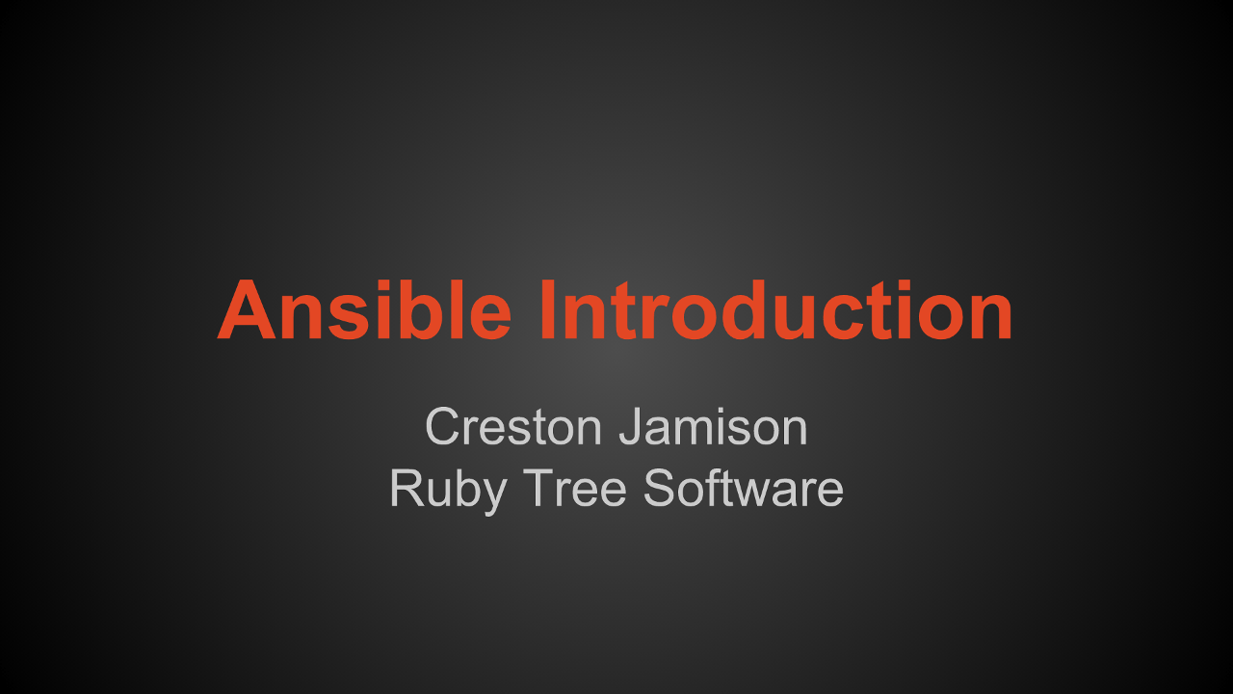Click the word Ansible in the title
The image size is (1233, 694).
pos(364,309)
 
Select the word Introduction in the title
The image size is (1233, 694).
pos(775,309)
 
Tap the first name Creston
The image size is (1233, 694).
pos(513,426)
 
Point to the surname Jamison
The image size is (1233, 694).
pos(714,426)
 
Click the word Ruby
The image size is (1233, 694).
pos(448,490)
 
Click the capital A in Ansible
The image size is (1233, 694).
pos(246,309)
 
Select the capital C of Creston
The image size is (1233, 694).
pos(442,426)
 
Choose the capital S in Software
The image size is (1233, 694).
pos(659,488)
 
